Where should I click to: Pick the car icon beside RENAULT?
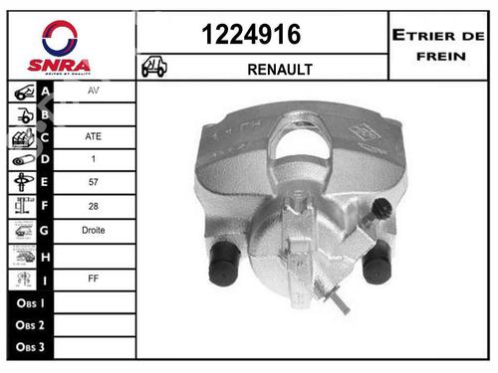(154, 68)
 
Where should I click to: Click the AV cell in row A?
(93, 91)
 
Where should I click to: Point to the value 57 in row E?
(93, 183)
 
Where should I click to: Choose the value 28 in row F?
(93, 206)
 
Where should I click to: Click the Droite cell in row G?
(93, 230)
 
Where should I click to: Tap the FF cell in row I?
(93, 278)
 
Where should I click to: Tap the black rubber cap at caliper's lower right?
(376, 263)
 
